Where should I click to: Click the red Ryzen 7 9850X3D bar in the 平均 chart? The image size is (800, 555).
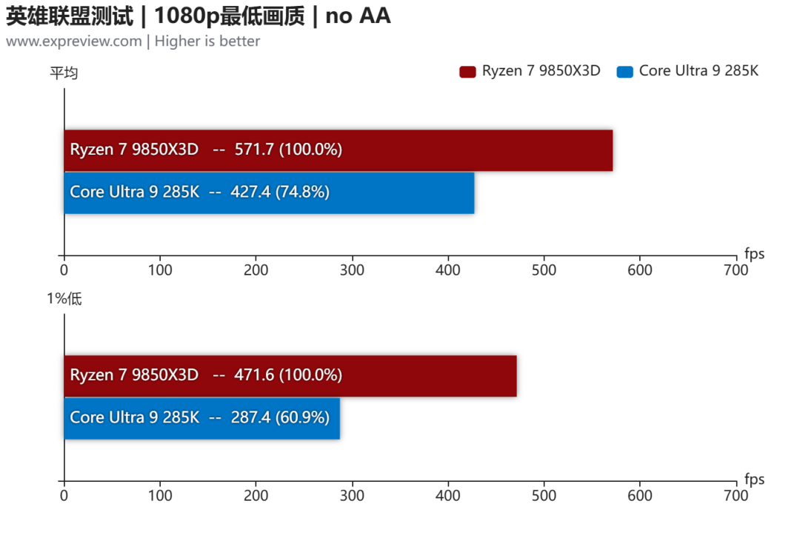click(x=339, y=150)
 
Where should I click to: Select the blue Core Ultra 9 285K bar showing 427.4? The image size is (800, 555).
click(x=270, y=192)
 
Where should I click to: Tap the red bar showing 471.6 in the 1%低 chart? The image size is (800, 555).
click(x=290, y=376)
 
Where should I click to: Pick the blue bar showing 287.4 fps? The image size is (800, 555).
click(x=202, y=418)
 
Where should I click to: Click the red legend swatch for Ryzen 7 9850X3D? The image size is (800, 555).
click(x=467, y=72)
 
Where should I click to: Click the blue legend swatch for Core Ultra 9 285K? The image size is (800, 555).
click(x=624, y=72)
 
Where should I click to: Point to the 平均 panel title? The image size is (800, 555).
click(x=64, y=73)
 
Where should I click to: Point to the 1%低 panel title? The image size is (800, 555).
click(x=64, y=298)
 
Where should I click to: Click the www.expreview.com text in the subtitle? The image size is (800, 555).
click(x=74, y=41)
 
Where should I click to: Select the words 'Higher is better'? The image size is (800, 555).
click(x=207, y=41)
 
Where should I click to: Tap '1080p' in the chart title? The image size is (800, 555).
click(x=187, y=16)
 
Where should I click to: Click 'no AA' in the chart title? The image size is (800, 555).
click(x=359, y=16)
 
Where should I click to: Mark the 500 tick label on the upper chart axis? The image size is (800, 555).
click(x=544, y=269)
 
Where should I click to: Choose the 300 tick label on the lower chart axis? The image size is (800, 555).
click(x=352, y=495)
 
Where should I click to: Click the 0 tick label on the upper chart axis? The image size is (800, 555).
click(x=64, y=269)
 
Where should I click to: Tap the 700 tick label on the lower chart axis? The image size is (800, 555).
click(x=736, y=495)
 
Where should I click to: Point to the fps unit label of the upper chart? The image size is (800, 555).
click(x=755, y=254)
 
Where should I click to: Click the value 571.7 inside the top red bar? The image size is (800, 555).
click(x=254, y=149)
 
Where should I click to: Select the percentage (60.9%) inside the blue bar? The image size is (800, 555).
click(x=302, y=417)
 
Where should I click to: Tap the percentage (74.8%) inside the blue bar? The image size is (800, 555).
click(x=302, y=192)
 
